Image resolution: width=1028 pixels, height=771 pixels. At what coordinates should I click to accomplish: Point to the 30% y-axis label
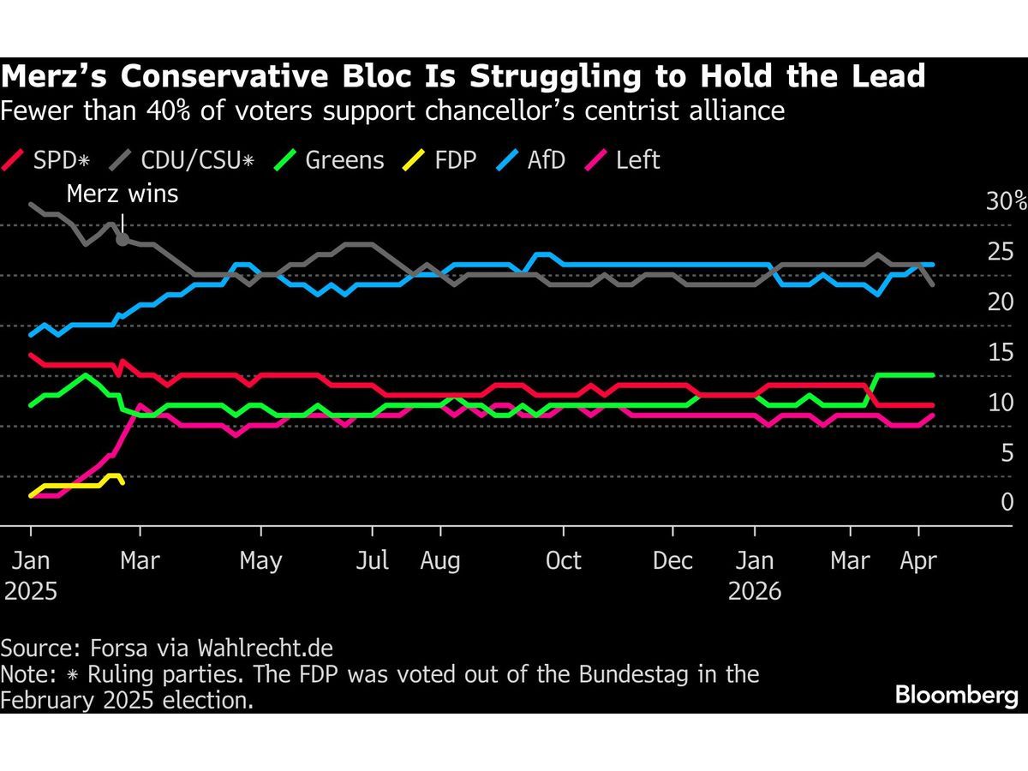click(x=1006, y=202)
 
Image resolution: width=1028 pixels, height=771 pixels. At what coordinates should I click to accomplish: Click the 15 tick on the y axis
click(x=1001, y=352)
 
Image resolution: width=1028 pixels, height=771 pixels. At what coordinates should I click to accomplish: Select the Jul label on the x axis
click(x=372, y=561)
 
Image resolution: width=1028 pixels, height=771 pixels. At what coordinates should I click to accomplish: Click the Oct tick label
click(x=564, y=561)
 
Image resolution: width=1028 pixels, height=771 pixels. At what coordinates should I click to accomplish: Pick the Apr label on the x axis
click(x=918, y=561)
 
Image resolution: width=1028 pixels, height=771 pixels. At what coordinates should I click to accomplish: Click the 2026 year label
click(x=754, y=591)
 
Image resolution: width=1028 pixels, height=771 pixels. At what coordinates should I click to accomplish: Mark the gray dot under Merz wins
click(x=123, y=240)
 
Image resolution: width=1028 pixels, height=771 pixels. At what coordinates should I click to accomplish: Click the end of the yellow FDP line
click(x=123, y=482)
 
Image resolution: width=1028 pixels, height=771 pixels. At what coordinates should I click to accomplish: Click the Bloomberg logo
click(x=957, y=695)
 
